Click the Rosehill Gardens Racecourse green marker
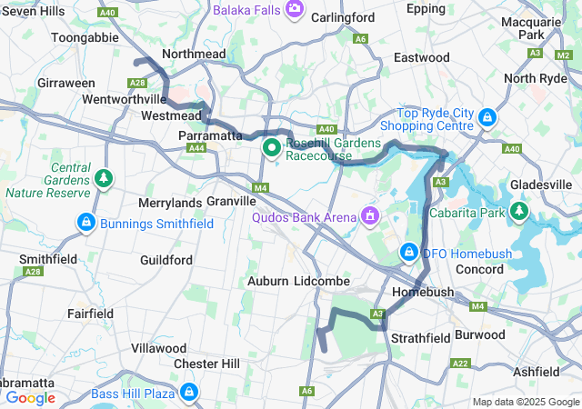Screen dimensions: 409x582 click(x=271, y=147)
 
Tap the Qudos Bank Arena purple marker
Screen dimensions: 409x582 click(x=369, y=216)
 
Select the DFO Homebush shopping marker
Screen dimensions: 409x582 click(x=409, y=251)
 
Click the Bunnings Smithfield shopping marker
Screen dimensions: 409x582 click(x=86, y=222)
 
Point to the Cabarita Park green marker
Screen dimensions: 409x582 click(x=519, y=212)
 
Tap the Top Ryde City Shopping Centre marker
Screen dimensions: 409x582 click(x=488, y=118)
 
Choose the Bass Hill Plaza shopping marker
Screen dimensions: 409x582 click(x=189, y=393)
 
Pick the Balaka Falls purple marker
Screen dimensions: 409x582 click(x=294, y=9)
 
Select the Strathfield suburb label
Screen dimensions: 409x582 click(x=420, y=338)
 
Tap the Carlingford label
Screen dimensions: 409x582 click(x=342, y=17)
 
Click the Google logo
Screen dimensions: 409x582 click(x=30, y=397)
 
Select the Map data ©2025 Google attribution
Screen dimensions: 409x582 click(x=524, y=402)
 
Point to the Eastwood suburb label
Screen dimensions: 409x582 click(x=421, y=57)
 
